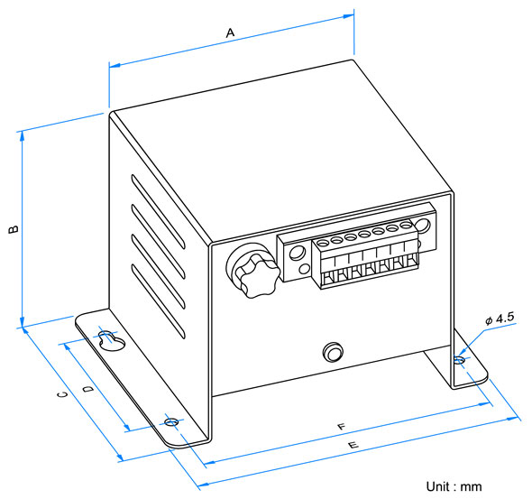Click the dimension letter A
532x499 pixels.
pyautogui.click(x=230, y=32)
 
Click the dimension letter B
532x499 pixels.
pyautogui.click(x=14, y=229)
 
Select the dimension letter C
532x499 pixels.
pyautogui.click(x=62, y=394)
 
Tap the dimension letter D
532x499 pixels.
pyautogui.click(x=88, y=389)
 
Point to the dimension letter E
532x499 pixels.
pyautogui.click(x=353, y=445)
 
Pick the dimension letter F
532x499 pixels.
pyautogui.click(x=342, y=427)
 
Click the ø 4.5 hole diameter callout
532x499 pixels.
pyautogui.click(x=500, y=319)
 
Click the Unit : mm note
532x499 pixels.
pyautogui.click(x=454, y=486)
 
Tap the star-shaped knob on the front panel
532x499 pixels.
pyautogui.click(x=258, y=276)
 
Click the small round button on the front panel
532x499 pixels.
pyautogui.click(x=333, y=352)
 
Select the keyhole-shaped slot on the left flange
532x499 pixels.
pyautogui.click(x=111, y=340)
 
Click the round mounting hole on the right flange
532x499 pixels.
pyautogui.click(x=459, y=359)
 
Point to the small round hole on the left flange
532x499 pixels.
pyautogui.click(x=171, y=422)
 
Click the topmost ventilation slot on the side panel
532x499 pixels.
pyautogui.click(x=158, y=212)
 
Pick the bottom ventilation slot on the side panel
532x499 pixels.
pyautogui.click(x=158, y=301)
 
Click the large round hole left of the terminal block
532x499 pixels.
pyautogui.click(x=297, y=253)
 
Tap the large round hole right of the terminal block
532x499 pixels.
pyautogui.click(x=422, y=226)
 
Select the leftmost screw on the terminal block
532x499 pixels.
pyautogui.click(x=322, y=243)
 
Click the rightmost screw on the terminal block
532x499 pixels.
pyautogui.click(x=406, y=225)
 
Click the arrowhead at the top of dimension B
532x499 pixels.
pyautogui.click(x=22, y=135)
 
